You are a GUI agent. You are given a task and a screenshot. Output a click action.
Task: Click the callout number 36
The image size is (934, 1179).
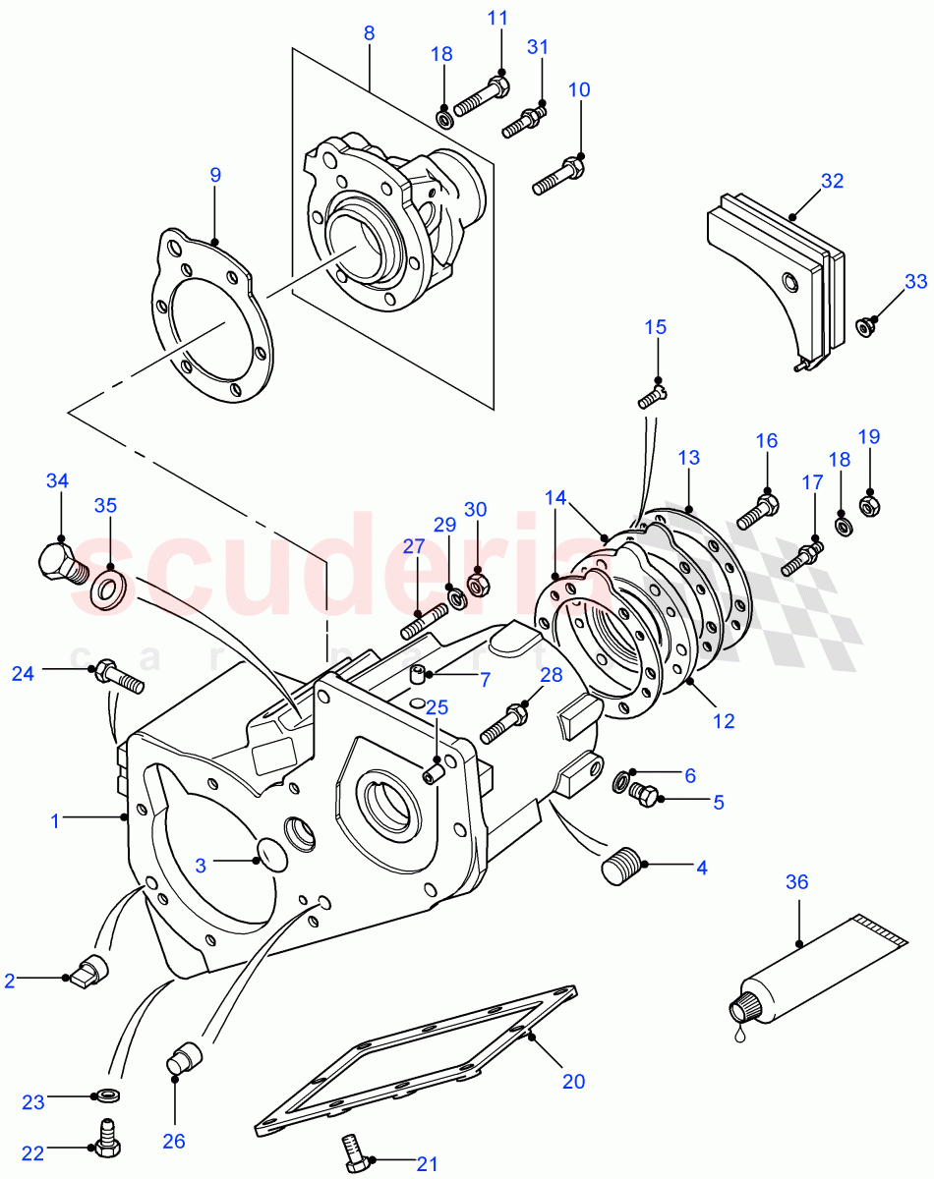pos(796,882)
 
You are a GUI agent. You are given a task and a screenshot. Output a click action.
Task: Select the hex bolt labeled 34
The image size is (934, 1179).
pos(61,563)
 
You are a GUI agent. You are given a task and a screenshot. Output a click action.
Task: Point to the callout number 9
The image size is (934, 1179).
pos(215,175)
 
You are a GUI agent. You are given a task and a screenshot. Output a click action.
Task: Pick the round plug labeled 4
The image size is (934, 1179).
pos(619,868)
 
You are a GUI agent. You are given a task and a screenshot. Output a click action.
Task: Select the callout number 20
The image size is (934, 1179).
pos(573,1082)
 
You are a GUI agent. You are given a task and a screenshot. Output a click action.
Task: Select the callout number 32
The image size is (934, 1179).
pos(832,181)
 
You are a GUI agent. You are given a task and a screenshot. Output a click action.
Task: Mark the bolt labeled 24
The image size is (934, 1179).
pos(118,678)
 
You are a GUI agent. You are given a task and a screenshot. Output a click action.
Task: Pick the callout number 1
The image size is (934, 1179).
pos(55,820)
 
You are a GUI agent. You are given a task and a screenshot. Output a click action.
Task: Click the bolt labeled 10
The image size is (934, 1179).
pos(556,178)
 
